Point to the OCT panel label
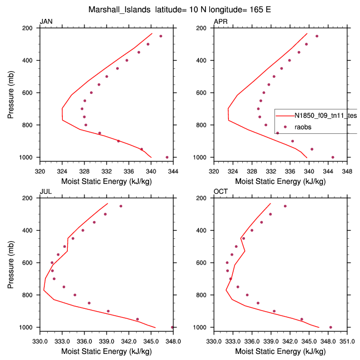(221, 192)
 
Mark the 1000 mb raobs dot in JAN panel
(167, 157)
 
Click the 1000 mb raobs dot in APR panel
(333, 157)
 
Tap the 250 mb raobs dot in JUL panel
(121, 206)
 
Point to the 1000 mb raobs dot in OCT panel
(331, 327)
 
